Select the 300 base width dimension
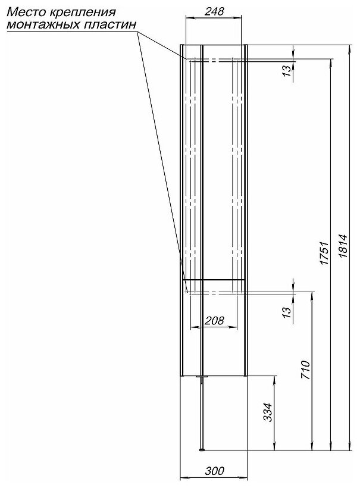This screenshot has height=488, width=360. coord(214,471)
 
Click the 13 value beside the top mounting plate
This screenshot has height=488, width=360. coord(287,70)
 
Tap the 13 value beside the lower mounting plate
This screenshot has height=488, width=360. coord(287,310)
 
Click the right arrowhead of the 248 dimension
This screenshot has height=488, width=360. coord(244,18)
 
